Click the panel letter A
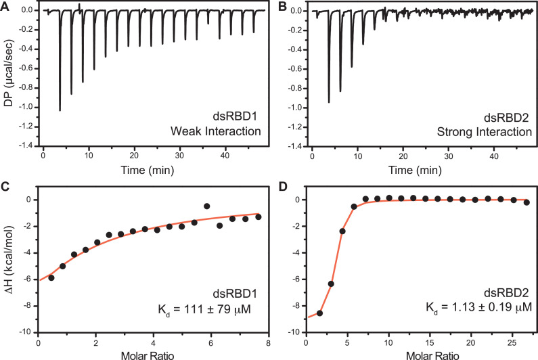click(5, 6)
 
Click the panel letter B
click(277, 6)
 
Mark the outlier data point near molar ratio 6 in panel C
click(207, 206)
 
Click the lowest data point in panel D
click(319, 313)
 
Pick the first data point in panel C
click(51, 278)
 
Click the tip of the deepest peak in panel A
click(60, 110)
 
